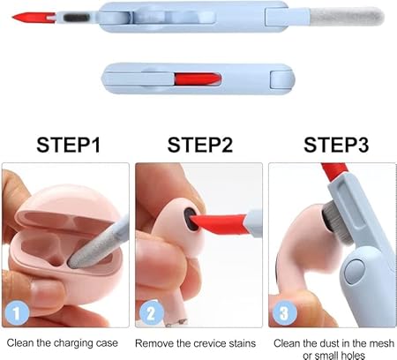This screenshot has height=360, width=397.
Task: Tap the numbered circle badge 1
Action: point(15,311)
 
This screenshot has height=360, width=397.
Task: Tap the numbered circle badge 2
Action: point(149,311)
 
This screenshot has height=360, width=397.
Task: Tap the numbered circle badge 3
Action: point(283,311)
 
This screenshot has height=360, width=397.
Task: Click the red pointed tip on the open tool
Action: point(18,17)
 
